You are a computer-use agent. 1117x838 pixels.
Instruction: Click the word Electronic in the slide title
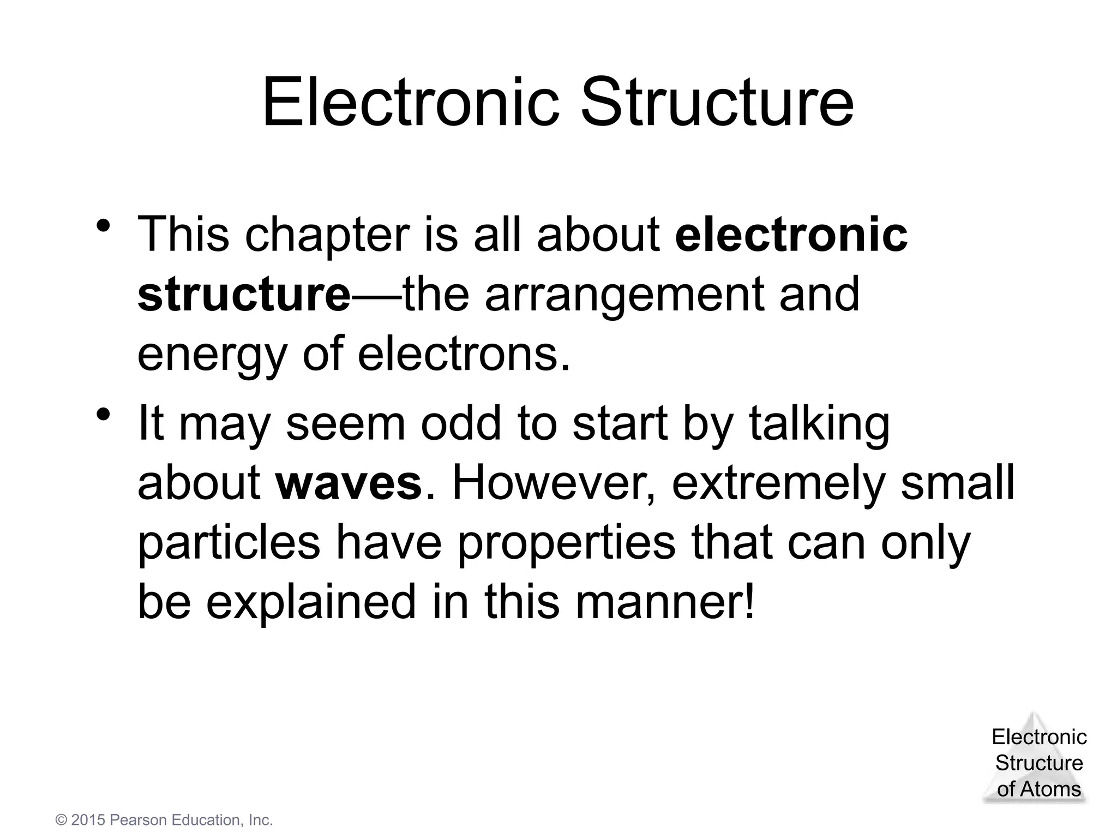tap(411, 103)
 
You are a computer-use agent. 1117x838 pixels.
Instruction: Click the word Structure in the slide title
tap(717, 103)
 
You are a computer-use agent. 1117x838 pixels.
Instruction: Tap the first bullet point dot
tap(104, 225)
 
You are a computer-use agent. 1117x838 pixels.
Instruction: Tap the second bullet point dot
tap(104, 415)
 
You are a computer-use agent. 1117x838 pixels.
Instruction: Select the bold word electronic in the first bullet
tap(791, 235)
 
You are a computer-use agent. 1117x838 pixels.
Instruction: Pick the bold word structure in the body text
tap(244, 295)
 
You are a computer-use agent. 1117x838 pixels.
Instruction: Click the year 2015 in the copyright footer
tap(88, 820)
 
